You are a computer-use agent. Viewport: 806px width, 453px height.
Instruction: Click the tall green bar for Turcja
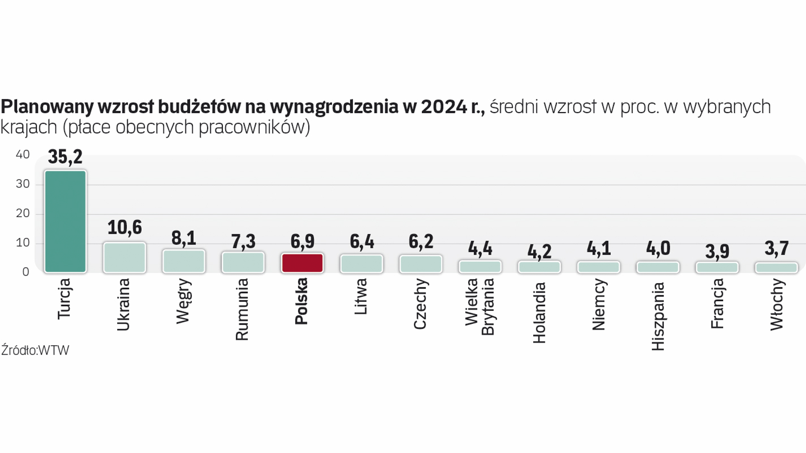[65, 221]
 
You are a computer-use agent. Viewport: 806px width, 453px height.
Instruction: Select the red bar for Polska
[302, 263]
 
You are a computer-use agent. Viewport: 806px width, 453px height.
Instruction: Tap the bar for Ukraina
[125, 258]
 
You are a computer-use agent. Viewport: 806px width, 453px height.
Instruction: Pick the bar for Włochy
[776, 268]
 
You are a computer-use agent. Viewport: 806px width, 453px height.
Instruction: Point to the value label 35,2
[65, 157]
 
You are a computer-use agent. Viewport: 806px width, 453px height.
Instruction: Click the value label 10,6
[125, 227]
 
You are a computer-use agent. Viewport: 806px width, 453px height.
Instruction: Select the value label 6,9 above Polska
[302, 241]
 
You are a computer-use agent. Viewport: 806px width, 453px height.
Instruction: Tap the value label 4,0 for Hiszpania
[658, 248]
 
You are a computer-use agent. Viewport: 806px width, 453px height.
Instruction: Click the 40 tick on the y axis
[23, 155]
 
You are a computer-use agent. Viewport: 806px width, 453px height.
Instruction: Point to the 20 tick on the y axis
[23, 213]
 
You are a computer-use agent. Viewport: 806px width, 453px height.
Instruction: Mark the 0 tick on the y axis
[26, 272]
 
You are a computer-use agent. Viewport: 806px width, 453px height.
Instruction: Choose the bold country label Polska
[301, 301]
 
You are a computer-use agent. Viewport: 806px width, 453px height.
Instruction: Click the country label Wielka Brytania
[479, 307]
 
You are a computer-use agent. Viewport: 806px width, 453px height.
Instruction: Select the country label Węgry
[183, 301]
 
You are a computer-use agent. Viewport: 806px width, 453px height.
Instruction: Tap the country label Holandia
[539, 312]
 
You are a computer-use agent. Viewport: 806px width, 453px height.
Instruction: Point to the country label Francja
[717, 303]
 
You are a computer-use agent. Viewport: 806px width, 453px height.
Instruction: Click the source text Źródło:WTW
[35, 350]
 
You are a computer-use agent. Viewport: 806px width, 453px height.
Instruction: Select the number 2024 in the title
[444, 107]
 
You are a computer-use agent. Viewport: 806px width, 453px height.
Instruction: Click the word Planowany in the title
[47, 107]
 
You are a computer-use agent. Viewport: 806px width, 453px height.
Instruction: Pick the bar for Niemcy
[599, 267]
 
